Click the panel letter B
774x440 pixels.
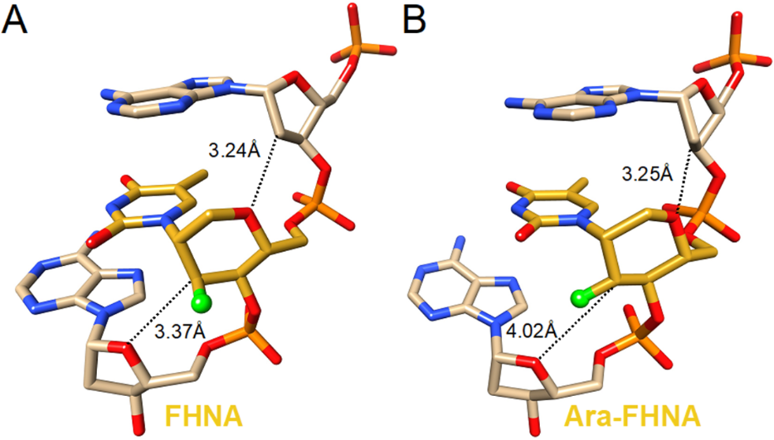point(415,19)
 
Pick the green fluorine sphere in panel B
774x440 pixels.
point(582,298)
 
